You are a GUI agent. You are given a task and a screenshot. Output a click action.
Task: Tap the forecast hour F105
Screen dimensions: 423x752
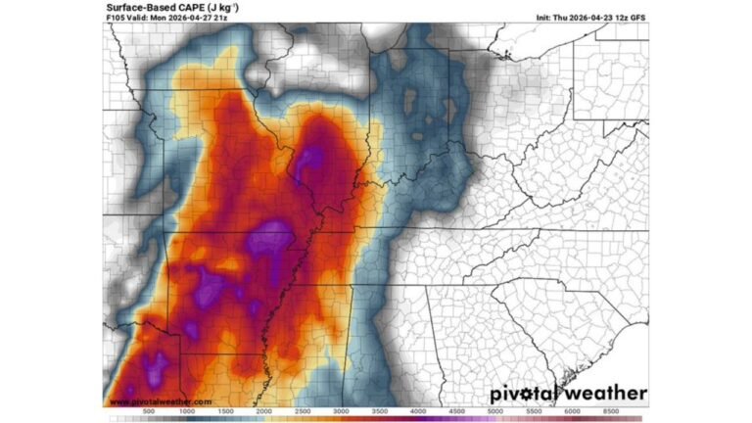(x=117, y=18)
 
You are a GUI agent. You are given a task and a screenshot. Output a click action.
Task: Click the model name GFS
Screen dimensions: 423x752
(x=637, y=18)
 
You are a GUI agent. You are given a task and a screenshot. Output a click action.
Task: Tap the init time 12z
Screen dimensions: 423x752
(x=623, y=18)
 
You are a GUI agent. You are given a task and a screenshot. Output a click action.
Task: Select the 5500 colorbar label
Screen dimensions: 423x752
(x=534, y=411)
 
